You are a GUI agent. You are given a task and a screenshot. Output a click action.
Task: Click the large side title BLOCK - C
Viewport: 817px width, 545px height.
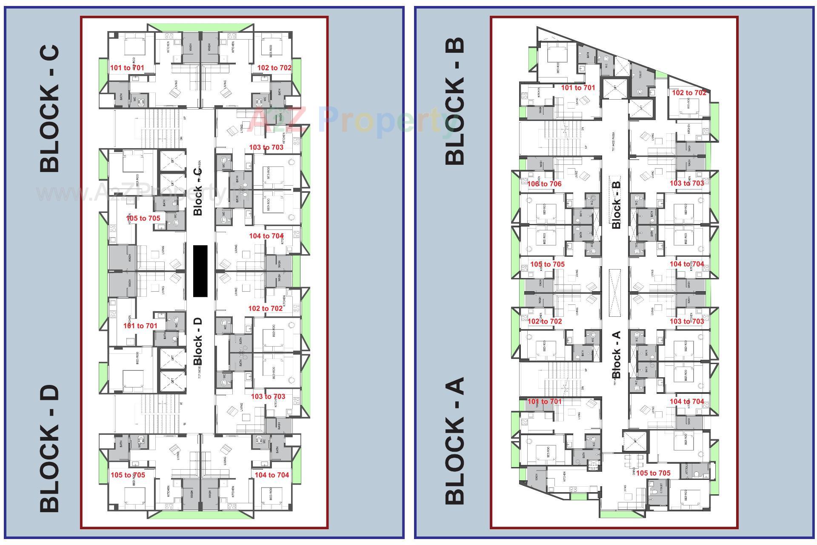point(49,109)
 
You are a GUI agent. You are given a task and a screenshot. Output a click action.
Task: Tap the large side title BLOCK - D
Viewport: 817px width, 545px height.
point(49,448)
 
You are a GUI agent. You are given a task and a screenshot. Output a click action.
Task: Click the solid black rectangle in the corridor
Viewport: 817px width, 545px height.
point(200,271)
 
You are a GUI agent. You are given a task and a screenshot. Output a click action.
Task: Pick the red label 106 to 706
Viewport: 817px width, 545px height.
point(544,184)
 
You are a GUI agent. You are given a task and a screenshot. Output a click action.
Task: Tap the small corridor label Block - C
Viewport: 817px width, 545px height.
point(198,192)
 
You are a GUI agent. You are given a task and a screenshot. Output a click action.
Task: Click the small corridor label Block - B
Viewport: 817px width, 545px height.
point(616,205)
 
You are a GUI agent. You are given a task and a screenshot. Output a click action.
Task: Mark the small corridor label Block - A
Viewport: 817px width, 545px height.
point(616,355)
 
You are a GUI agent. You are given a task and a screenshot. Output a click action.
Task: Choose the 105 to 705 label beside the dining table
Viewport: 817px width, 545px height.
point(653,473)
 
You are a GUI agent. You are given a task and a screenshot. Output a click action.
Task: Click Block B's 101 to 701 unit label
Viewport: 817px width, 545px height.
point(578,88)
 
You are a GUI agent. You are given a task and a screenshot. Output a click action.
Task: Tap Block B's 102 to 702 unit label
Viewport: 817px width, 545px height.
point(689,93)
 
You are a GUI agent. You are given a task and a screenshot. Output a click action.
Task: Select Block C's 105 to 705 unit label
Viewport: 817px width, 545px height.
point(143,218)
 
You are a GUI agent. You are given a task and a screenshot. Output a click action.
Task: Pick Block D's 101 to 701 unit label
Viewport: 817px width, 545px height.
point(140,326)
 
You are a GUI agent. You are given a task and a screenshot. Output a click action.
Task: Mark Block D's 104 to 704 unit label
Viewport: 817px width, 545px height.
point(271,475)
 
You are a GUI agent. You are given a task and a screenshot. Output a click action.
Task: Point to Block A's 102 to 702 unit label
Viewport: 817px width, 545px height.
point(545,321)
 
